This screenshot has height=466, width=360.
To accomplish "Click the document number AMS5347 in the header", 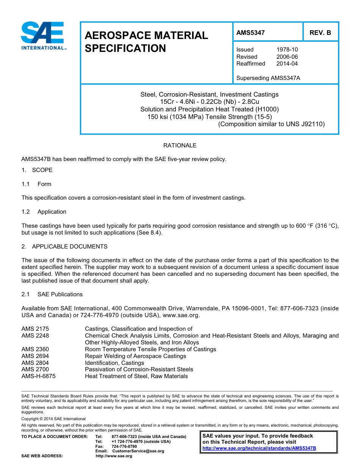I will point(250,33).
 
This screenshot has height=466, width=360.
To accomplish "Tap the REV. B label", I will point(320,33).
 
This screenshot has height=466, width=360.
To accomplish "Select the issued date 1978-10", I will point(287,50).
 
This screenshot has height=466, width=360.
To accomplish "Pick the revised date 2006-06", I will point(287,57).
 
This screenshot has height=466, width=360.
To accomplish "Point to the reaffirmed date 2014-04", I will point(287,64).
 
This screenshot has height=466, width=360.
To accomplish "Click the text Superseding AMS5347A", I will point(268,78).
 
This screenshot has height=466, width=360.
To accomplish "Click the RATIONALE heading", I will point(180,145).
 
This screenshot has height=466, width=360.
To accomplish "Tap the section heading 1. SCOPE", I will point(37,170).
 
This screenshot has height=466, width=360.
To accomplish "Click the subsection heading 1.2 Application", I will point(44,212).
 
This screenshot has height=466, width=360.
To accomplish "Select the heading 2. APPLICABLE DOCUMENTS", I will point(64,247).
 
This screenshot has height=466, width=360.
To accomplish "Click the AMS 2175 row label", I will point(35,329).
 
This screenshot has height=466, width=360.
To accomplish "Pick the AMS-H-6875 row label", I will point(39,376).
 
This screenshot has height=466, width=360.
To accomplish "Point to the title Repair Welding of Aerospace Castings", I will point(135,356).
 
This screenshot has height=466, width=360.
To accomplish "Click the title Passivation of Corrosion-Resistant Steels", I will point(139,369).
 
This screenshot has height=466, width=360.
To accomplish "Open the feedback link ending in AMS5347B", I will point(259,448).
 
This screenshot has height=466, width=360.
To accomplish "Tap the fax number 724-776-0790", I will point(124,446).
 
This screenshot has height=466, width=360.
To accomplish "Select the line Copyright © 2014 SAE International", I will point(53,419).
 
